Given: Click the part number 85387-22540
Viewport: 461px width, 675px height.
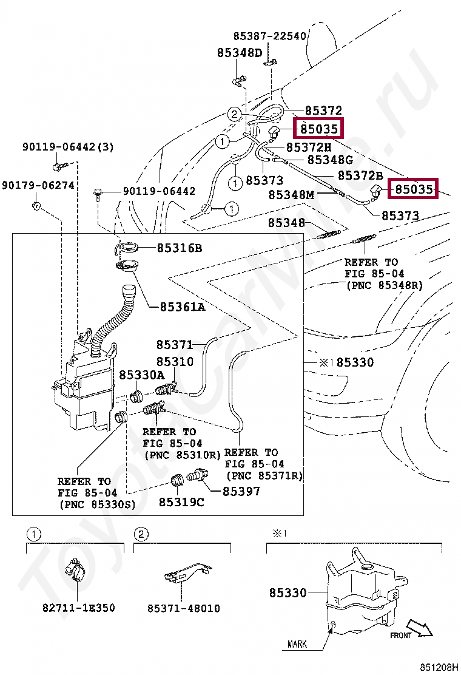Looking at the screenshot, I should click(270, 36).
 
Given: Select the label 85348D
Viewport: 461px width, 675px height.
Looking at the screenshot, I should click(240, 53).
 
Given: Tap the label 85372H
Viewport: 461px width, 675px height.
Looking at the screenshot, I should click(309, 147).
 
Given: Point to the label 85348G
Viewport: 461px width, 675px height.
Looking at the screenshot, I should click(330, 160).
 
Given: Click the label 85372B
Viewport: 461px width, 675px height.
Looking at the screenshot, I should click(360, 175).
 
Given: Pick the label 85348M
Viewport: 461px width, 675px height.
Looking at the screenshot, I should click(292, 195).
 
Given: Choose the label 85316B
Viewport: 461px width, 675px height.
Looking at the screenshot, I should click(180, 248).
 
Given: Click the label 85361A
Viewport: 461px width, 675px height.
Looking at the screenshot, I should click(183, 307).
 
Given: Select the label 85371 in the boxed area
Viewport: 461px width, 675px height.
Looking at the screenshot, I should click(175, 345).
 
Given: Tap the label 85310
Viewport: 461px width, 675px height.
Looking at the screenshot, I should click(175, 362).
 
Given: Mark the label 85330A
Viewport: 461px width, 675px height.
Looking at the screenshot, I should click(141, 376).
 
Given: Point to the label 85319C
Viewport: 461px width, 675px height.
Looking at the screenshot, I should click(181, 502).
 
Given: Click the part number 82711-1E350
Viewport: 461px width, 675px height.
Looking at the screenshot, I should click(78, 608).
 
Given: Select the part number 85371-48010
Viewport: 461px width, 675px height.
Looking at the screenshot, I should click(183, 608).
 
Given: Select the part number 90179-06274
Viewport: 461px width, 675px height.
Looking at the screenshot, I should click(38, 185).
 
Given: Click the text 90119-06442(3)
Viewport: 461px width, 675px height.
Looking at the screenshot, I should click(68, 147).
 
